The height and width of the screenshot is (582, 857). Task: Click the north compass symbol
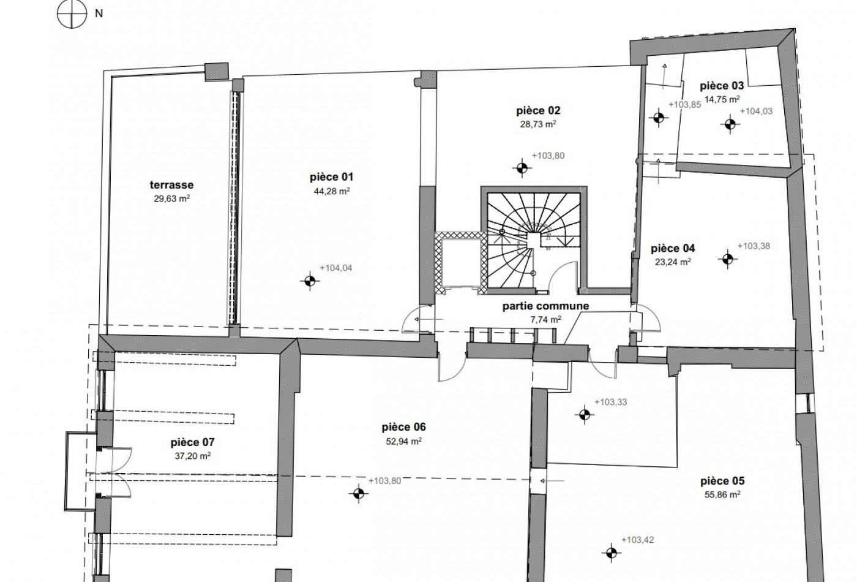72,13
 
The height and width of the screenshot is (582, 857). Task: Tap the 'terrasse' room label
172,185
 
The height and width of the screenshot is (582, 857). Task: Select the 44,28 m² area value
332,191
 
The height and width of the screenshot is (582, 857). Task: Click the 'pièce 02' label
538,111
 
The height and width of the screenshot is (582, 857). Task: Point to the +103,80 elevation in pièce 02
548,156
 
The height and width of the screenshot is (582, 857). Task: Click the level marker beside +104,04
310,281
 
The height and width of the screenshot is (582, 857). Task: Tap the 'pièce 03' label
722,86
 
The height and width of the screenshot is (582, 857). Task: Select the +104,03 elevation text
757,111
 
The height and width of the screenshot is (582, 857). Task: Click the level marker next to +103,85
659,117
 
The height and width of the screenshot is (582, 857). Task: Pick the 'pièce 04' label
673,249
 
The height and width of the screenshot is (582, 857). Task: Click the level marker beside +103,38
728,259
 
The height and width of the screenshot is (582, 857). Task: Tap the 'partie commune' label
545,306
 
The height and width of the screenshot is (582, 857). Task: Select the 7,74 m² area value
546,320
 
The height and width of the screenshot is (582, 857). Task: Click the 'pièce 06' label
403,427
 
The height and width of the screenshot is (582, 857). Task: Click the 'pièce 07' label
192,442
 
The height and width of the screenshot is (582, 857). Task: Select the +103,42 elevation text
638,540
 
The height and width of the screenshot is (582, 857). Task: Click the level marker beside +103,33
584,414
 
